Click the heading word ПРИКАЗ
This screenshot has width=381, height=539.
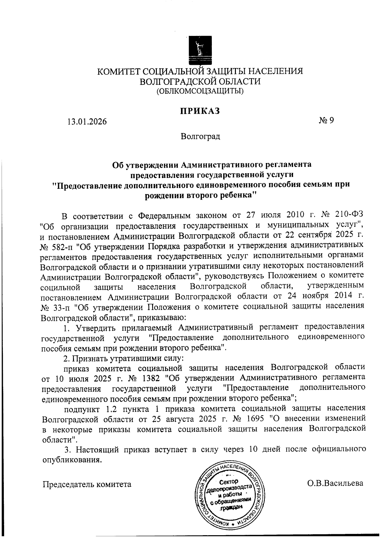pos(200,111)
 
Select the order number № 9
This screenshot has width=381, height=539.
pos(325,121)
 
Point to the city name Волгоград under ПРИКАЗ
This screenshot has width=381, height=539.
pos(200,137)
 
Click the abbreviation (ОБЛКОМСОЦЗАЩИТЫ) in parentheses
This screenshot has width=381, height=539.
pos(200,91)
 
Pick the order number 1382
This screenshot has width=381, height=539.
pos(154,378)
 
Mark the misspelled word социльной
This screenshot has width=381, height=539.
pos(60,288)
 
